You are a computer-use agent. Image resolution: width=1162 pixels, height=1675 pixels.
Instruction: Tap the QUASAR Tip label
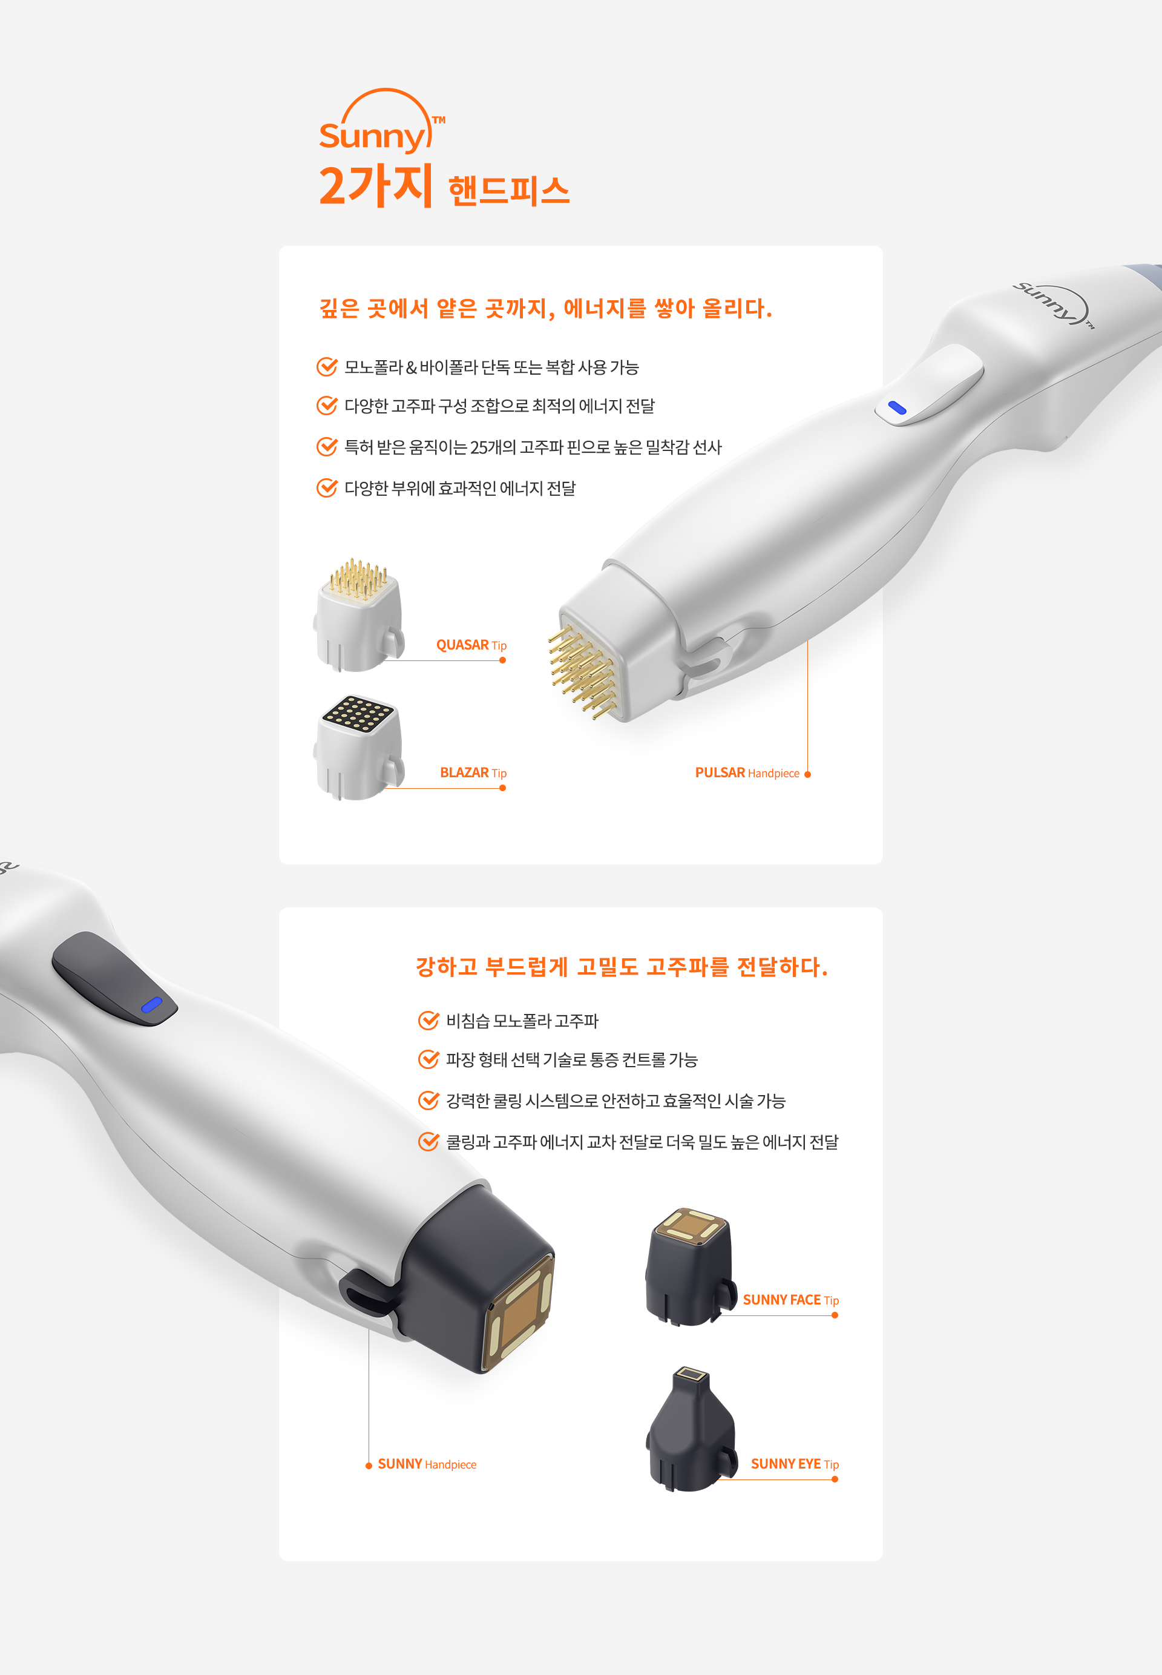click(471, 645)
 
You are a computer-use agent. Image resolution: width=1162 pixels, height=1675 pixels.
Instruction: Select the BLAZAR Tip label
click(473, 772)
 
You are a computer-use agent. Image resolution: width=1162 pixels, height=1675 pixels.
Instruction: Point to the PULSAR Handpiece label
click(747, 772)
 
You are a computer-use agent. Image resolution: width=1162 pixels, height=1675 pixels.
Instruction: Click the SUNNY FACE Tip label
click(790, 1300)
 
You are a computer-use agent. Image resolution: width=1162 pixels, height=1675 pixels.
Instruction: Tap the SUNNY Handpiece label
click(427, 1464)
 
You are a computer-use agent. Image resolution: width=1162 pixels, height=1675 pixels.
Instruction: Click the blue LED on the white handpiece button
click(897, 408)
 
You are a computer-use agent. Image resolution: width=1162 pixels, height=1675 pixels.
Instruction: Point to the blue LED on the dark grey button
click(151, 1005)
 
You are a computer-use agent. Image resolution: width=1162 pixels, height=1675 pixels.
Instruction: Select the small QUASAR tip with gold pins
click(358, 616)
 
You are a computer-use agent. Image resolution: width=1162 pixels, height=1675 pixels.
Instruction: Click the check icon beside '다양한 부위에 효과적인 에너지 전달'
click(327, 487)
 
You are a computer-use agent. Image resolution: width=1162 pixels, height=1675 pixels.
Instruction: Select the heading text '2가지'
click(376, 186)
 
